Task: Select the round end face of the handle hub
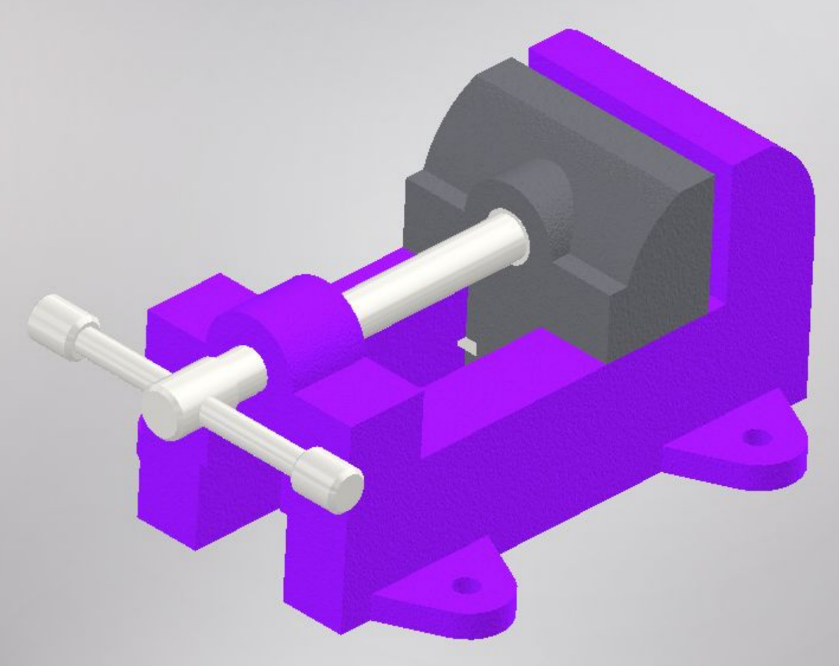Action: coord(165,414)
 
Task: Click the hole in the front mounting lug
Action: coord(464,585)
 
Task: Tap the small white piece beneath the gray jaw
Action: coord(468,344)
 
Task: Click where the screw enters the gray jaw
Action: coord(519,237)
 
